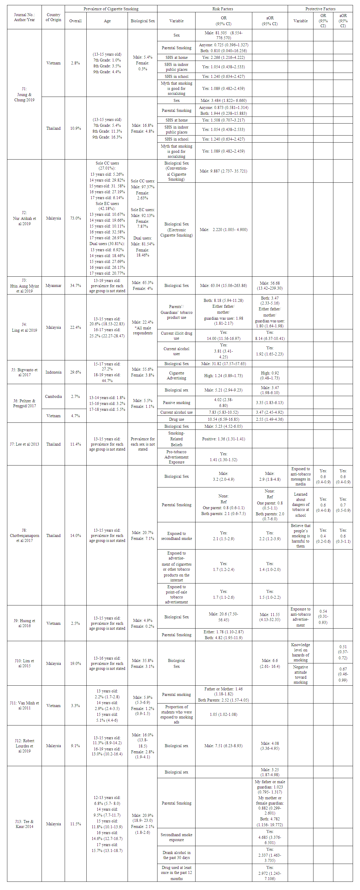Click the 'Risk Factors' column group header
(222, 9)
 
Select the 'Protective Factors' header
(320, 9)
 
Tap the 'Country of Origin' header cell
(53, 17)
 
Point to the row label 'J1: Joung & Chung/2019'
(24, 94)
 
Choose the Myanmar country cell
(53, 285)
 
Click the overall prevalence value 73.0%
(75, 218)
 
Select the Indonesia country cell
(53, 372)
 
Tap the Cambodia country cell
(53, 396)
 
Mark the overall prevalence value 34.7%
(75, 285)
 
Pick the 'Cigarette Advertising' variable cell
(176, 375)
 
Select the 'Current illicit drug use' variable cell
(176, 336)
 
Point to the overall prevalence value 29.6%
(75, 372)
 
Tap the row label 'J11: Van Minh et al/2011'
(24, 705)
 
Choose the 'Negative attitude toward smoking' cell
(300, 674)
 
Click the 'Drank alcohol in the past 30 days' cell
(176, 855)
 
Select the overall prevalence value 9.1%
(75, 746)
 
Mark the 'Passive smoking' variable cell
(176, 403)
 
